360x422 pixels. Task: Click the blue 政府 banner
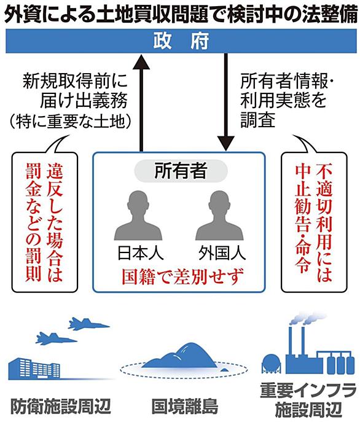181,41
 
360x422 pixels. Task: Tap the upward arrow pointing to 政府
141,102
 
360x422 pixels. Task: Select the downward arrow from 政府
225,102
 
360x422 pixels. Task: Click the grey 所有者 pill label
181,171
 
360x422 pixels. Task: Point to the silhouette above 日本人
138,216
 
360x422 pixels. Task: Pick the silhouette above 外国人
219,216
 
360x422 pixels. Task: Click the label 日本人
140,253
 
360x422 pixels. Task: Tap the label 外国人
222,253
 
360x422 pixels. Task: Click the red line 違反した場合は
55,222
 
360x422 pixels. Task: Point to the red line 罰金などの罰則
34,222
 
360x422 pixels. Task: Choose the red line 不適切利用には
324,222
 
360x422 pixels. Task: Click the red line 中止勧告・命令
303,219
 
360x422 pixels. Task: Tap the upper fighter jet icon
88,324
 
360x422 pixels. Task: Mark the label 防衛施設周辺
61,406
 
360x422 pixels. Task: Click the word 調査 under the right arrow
257,120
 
